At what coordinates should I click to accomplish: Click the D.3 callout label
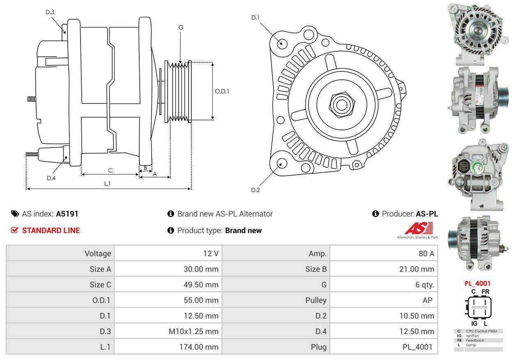point(50,12)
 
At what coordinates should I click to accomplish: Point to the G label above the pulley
point(181,28)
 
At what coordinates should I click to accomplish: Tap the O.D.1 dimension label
point(222,91)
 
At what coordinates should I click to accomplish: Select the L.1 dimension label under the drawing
point(108,184)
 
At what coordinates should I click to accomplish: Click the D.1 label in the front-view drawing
point(255,18)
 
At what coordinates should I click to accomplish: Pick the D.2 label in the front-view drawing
point(255,190)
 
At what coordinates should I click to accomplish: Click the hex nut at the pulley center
point(342,105)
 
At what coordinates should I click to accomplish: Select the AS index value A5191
point(67,214)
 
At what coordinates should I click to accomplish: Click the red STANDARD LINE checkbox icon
point(14,230)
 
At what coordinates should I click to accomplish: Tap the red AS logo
point(419,228)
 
